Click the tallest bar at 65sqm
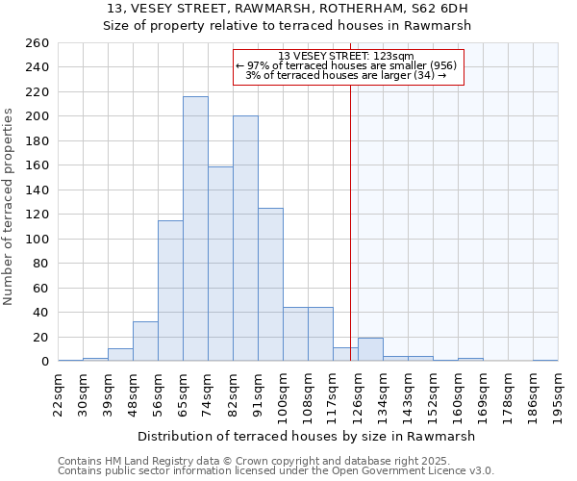(195, 229)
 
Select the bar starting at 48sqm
(145, 342)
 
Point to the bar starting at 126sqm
(370, 350)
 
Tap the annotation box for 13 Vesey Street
(348, 65)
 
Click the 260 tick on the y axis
(38, 43)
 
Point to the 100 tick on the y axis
(38, 239)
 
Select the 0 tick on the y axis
(45, 362)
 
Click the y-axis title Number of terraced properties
(10, 207)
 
